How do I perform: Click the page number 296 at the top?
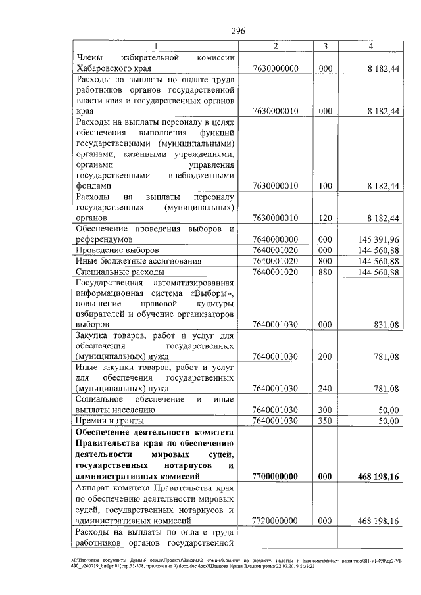(x=238, y=31)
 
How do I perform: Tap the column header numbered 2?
(x=276, y=46)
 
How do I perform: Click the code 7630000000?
(x=276, y=68)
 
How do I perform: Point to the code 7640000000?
(x=276, y=239)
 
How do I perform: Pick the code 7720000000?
(x=276, y=521)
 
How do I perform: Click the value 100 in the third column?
(x=325, y=186)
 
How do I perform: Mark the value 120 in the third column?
(x=325, y=218)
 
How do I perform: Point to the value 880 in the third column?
(x=325, y=271)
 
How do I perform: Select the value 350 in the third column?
(x=325, y=420)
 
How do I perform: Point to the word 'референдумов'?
(x=106, y=239)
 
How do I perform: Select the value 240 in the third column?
(x=325, y=388)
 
